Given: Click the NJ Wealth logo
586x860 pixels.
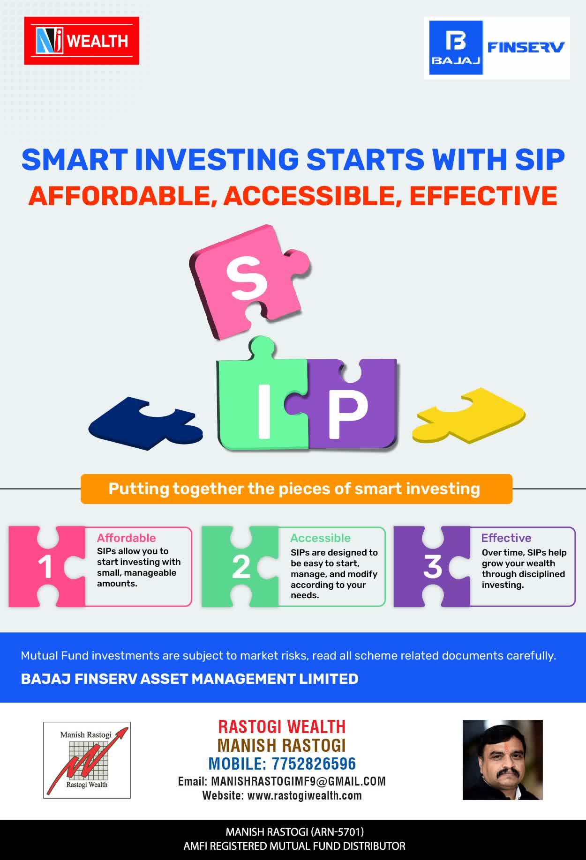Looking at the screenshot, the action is [82, 41].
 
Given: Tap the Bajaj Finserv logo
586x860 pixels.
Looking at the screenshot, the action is [497, 48].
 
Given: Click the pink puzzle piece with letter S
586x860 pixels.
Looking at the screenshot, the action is [248, 281].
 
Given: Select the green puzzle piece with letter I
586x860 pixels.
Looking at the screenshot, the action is [263, 398].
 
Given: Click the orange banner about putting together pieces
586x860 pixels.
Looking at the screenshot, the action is [296, 489].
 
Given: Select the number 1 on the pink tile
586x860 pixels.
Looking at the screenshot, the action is [45, 567].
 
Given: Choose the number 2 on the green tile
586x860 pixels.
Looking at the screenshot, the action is [241, 567].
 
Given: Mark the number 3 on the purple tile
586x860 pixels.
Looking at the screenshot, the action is [433, 567].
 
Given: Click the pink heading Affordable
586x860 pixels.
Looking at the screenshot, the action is [126, 538].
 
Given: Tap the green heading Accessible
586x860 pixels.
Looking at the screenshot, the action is [320, 538].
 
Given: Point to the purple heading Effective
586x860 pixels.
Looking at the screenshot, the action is [506, 538].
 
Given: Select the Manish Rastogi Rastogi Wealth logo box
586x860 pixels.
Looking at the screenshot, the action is [87, 760].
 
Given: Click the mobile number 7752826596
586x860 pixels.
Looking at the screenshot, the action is [314, 764].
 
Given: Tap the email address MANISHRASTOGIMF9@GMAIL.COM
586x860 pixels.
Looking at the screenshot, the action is [299, 781].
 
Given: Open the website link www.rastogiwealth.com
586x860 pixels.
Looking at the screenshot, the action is [305, 796].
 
